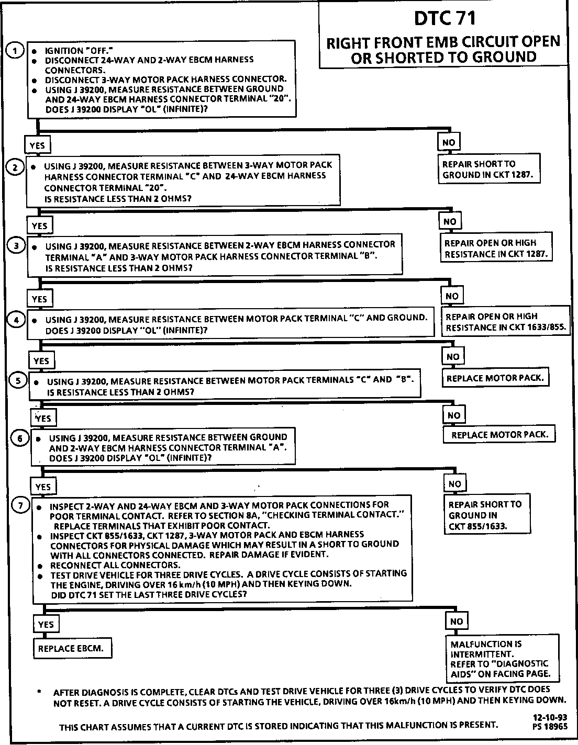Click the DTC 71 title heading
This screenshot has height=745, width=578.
tap(444, 19)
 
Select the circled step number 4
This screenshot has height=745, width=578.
tap(17, 319)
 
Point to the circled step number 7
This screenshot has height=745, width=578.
tap(20, 505)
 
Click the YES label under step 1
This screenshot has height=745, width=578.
tap(37, 145)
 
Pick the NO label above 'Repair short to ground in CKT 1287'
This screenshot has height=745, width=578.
tap(449, 142)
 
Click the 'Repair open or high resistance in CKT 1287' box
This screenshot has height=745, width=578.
tap(495, 249)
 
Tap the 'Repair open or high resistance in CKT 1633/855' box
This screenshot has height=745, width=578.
tap(506, 322)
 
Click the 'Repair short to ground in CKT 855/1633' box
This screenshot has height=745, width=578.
tap(485, 515)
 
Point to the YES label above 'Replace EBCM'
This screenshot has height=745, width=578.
tap(46, 625)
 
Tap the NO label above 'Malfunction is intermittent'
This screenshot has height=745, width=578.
tap(456, 622)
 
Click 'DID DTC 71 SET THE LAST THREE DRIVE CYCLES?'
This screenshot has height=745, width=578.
tap(149, 595)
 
